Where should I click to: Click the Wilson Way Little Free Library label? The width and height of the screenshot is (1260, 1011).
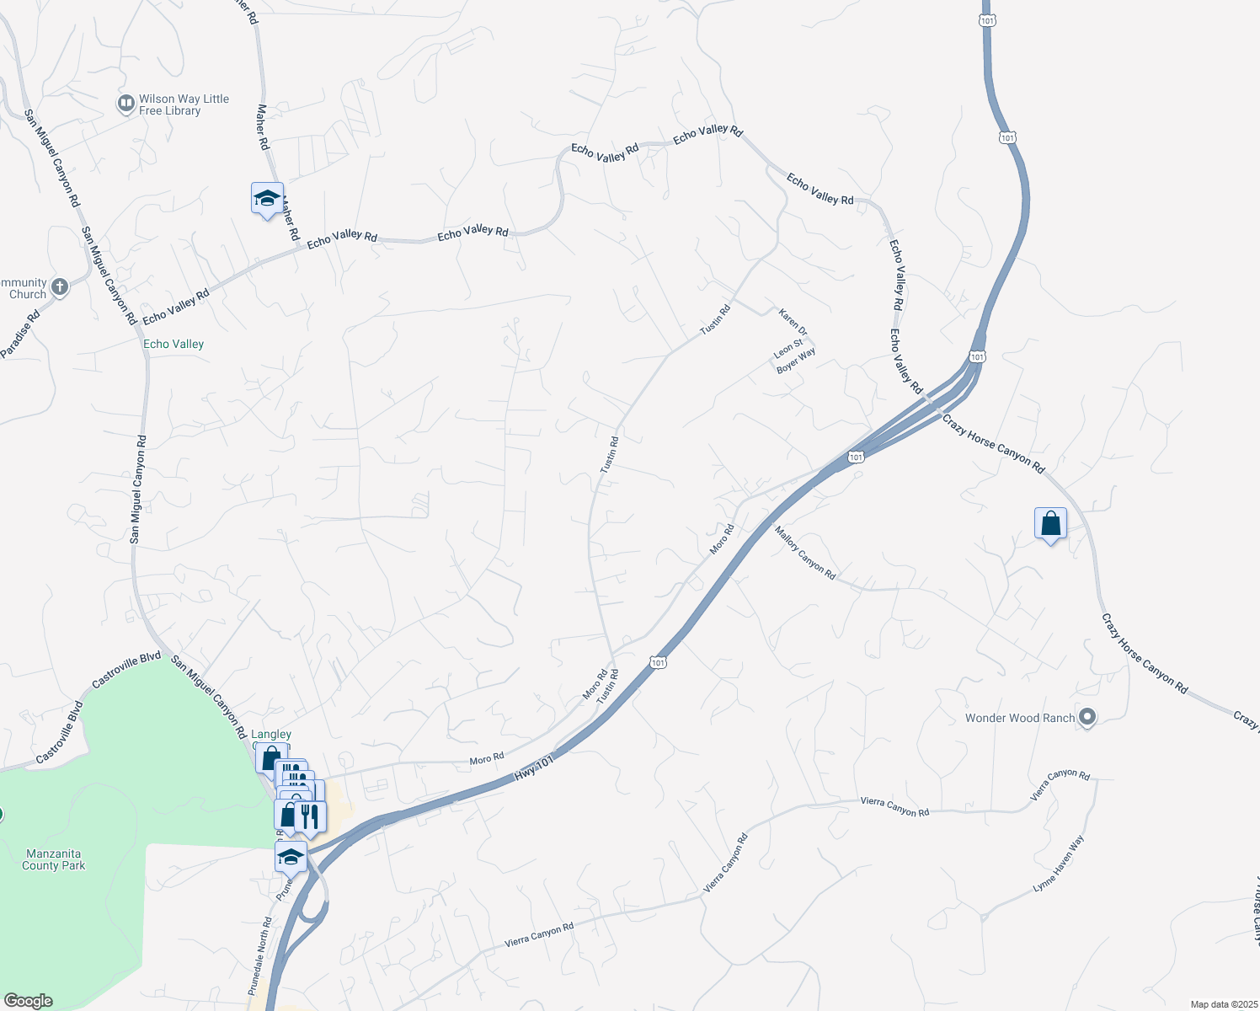pyautogui.click(x=184, y=104)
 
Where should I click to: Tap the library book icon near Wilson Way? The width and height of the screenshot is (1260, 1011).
pyautogui.click(x=126, y=104)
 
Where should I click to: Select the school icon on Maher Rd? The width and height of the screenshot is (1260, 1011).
pyautogui.click(x=267, y=200)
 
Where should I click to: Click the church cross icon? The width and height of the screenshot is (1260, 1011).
pyautogui.click(x=60, y=287)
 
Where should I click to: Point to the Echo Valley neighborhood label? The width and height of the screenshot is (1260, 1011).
pyautogui.click(x=174, y=344)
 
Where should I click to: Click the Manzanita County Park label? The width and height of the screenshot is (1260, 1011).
pyautogui.click(x=54, y=859)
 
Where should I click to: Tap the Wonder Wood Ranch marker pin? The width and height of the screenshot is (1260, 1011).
pyautogui.click(x=1087, y=718)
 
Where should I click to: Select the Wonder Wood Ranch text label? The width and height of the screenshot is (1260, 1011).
pyautogui.click(x=1020, y=718)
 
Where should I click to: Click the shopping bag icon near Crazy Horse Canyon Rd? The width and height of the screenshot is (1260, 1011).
pyautogui.click(x=1050, y=523)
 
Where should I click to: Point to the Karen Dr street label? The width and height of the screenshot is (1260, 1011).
pyautogui.click(x=793, y=322)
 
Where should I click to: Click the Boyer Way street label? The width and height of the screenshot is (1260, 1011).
pyautogui.click(x=796, y=360)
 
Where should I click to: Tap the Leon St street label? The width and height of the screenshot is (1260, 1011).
pyautogui.click(x=788, y=346)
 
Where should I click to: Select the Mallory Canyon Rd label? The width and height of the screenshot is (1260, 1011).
pyautogui.click(x=805, y=553)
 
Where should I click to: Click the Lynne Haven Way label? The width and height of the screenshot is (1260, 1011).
pyautogui.click(x=1059, y=864)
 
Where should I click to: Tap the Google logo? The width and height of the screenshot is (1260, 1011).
pyautogui.click(x=28, y=1001)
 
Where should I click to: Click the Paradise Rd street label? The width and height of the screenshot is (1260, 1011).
pyautogui.click(x=20, y=335)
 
